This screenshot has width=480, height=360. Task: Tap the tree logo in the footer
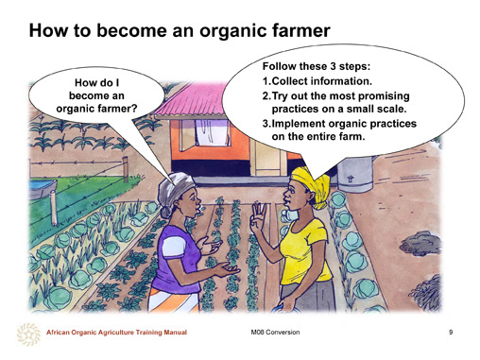point(28,334)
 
